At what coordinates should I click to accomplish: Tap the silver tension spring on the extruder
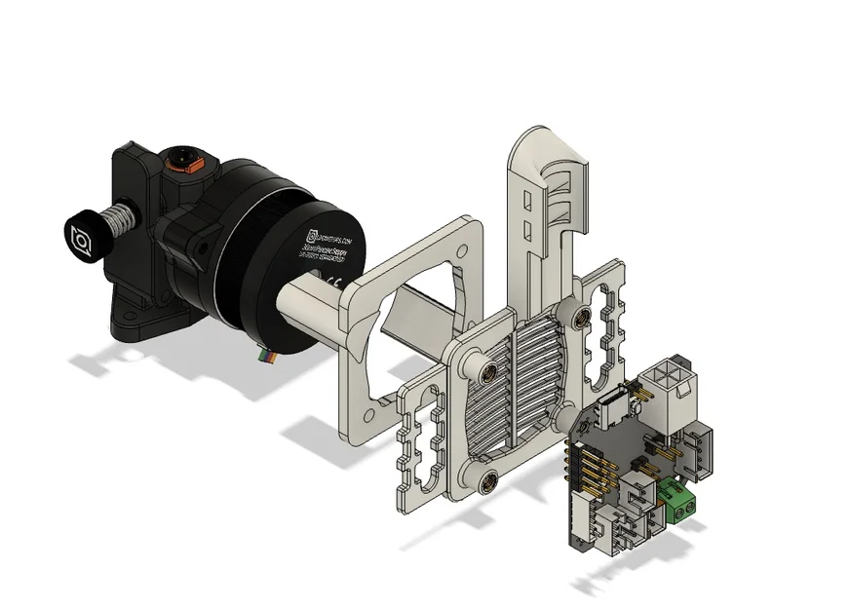point(118,215)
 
